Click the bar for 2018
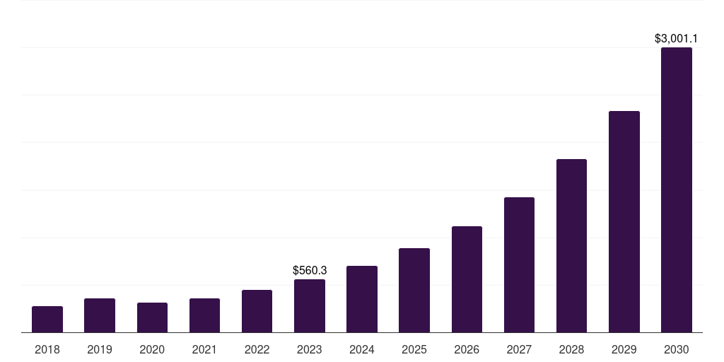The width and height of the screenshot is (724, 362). tap(47, 319)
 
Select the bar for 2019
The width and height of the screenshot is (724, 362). tap(100, 315)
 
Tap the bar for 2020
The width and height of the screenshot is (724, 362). tap(152, 317)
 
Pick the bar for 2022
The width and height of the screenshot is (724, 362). tap(257, 311)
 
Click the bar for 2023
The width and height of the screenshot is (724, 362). tap(310, 305)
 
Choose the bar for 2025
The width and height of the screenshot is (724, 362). tap(414, 290)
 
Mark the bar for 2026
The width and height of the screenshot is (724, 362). tap(467, 279)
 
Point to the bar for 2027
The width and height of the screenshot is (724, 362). tap(519, 264)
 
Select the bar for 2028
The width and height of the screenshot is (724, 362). tap(571, 245)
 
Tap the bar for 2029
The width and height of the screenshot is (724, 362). tap(624, 221)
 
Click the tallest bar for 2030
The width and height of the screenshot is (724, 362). tap(677, 189)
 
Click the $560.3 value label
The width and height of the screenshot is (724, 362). tap(310, 270)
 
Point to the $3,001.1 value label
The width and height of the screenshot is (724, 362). tap(677, 38)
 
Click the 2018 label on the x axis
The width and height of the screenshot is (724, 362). tap(47, 349)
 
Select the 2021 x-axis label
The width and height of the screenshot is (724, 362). tap(204, 349)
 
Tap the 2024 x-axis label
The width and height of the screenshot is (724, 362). tap(362, 349)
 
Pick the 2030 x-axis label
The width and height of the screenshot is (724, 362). tap(677, 349)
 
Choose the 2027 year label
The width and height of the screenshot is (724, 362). tap(519, 349)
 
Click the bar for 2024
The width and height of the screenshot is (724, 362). tap(362, 299)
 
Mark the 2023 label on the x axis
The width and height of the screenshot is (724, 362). tap(310, 349)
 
